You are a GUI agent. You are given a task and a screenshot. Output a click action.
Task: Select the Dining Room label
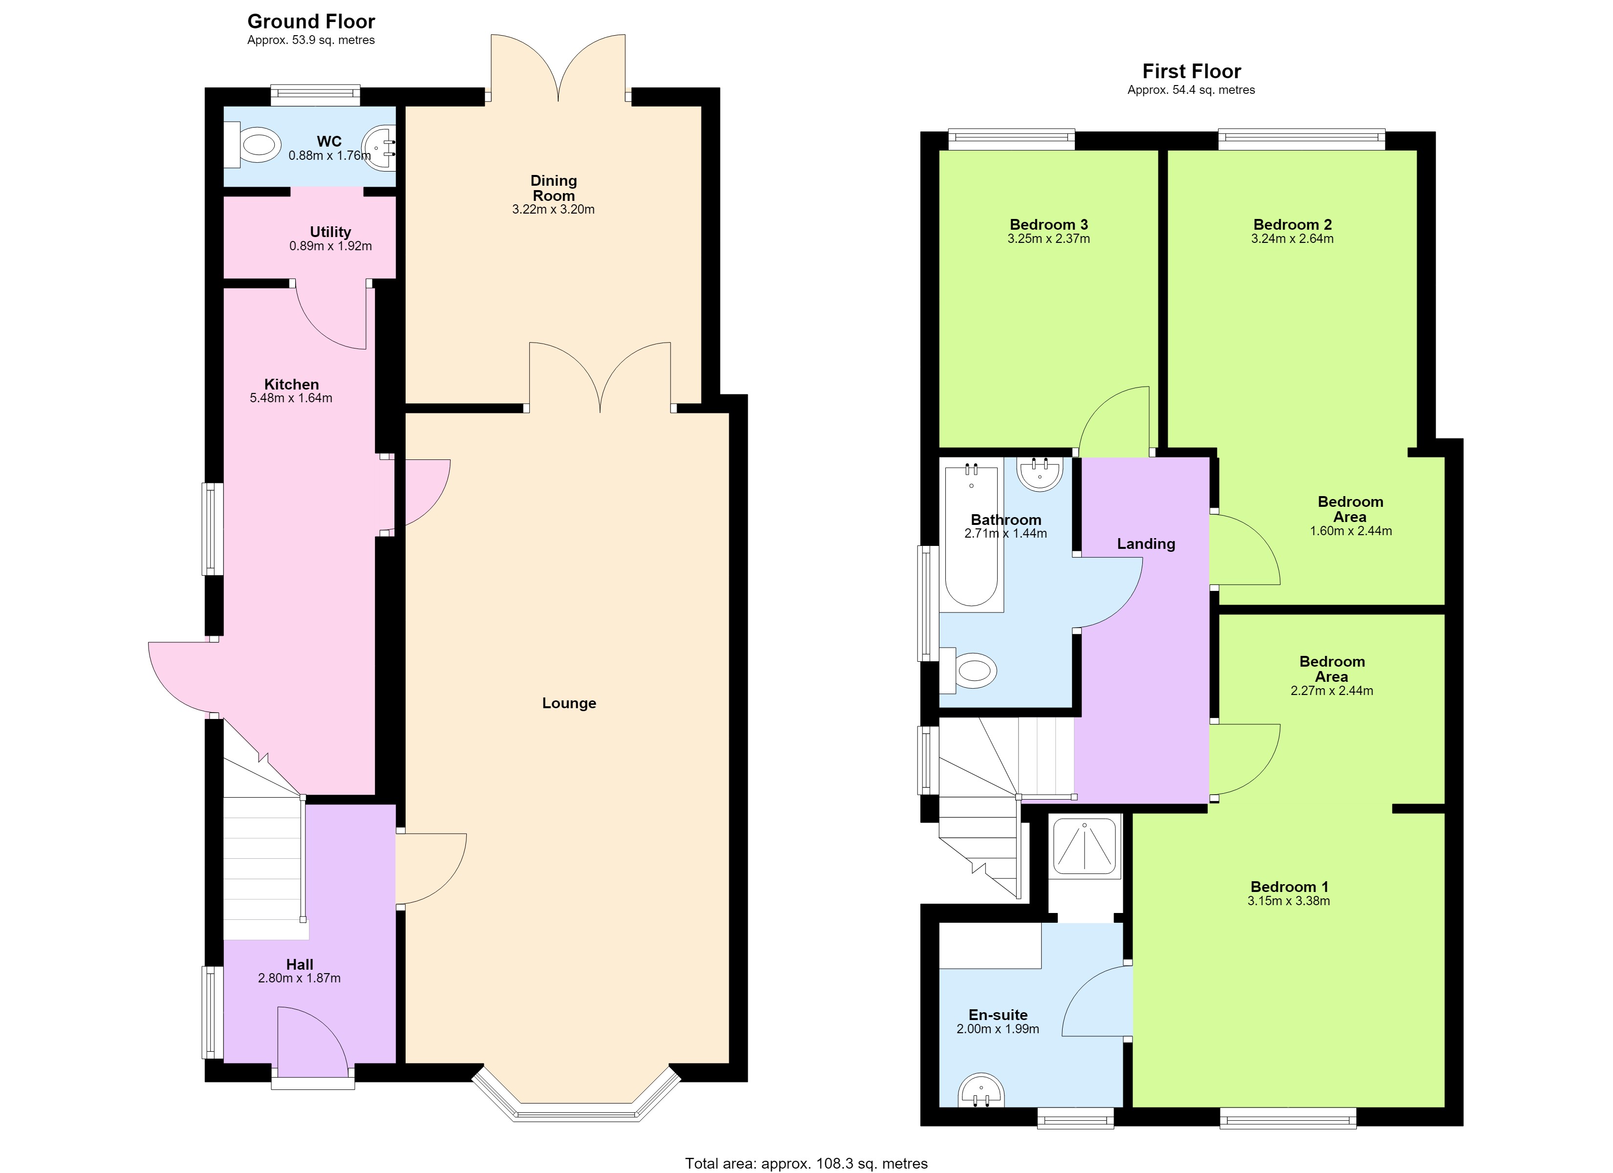click(554, 188)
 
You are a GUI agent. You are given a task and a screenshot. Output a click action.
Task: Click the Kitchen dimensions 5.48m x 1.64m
click(291, 398)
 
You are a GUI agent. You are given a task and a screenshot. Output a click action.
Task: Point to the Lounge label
click(569, 703)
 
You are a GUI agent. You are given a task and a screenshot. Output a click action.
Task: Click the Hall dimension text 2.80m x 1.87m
click(300, 978)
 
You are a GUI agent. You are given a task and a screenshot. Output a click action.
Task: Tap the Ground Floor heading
click(311, 22)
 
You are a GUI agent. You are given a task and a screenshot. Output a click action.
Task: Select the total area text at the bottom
click(806, 1164)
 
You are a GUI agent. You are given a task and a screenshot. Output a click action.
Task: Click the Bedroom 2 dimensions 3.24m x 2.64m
click(1292, 239)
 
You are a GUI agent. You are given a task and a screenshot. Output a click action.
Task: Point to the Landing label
click(1146, 544)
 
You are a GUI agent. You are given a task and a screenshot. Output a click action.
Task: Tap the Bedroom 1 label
click(1289, 887)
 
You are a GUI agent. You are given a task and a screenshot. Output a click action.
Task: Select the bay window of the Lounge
click(576, 1095)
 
